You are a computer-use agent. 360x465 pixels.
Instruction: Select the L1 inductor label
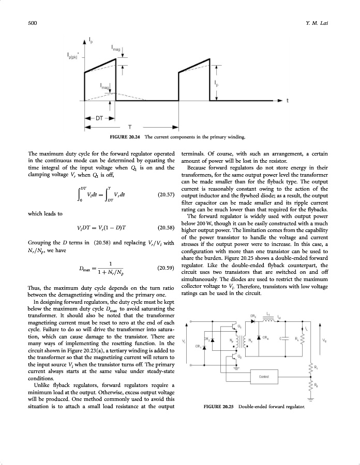[268, 314]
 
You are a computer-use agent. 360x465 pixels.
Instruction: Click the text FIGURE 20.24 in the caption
[124, 137]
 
